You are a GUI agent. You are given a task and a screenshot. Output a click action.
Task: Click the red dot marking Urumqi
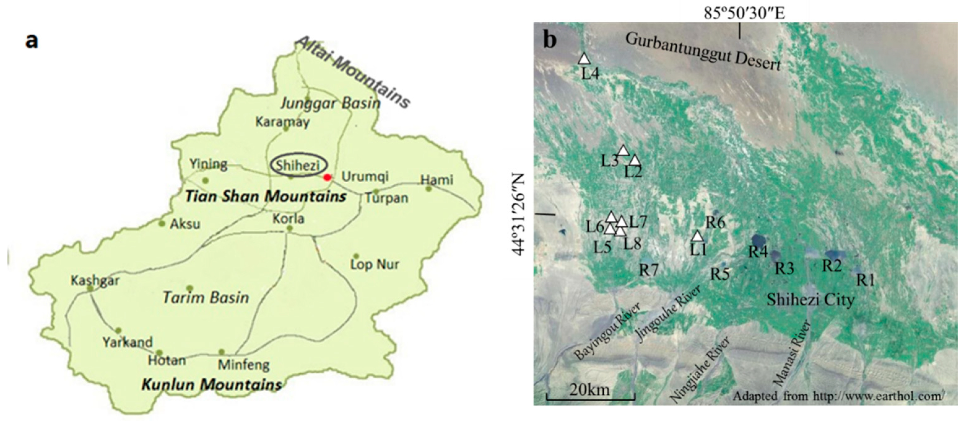point(328,177)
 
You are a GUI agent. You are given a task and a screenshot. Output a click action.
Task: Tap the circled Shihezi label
point(298,165)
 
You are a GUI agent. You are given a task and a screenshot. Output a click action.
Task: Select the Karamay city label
point(283,122)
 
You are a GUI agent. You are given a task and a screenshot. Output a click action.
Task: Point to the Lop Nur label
point(375,265)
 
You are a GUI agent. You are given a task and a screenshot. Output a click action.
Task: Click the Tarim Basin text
point(206,298)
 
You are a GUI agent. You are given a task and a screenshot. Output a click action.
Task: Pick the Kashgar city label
point(95,280)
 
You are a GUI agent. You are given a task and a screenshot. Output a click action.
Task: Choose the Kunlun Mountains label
point(211,385)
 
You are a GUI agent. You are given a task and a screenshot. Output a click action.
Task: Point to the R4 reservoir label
point(758,252)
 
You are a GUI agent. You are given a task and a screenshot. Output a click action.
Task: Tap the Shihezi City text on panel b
point(810,300)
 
